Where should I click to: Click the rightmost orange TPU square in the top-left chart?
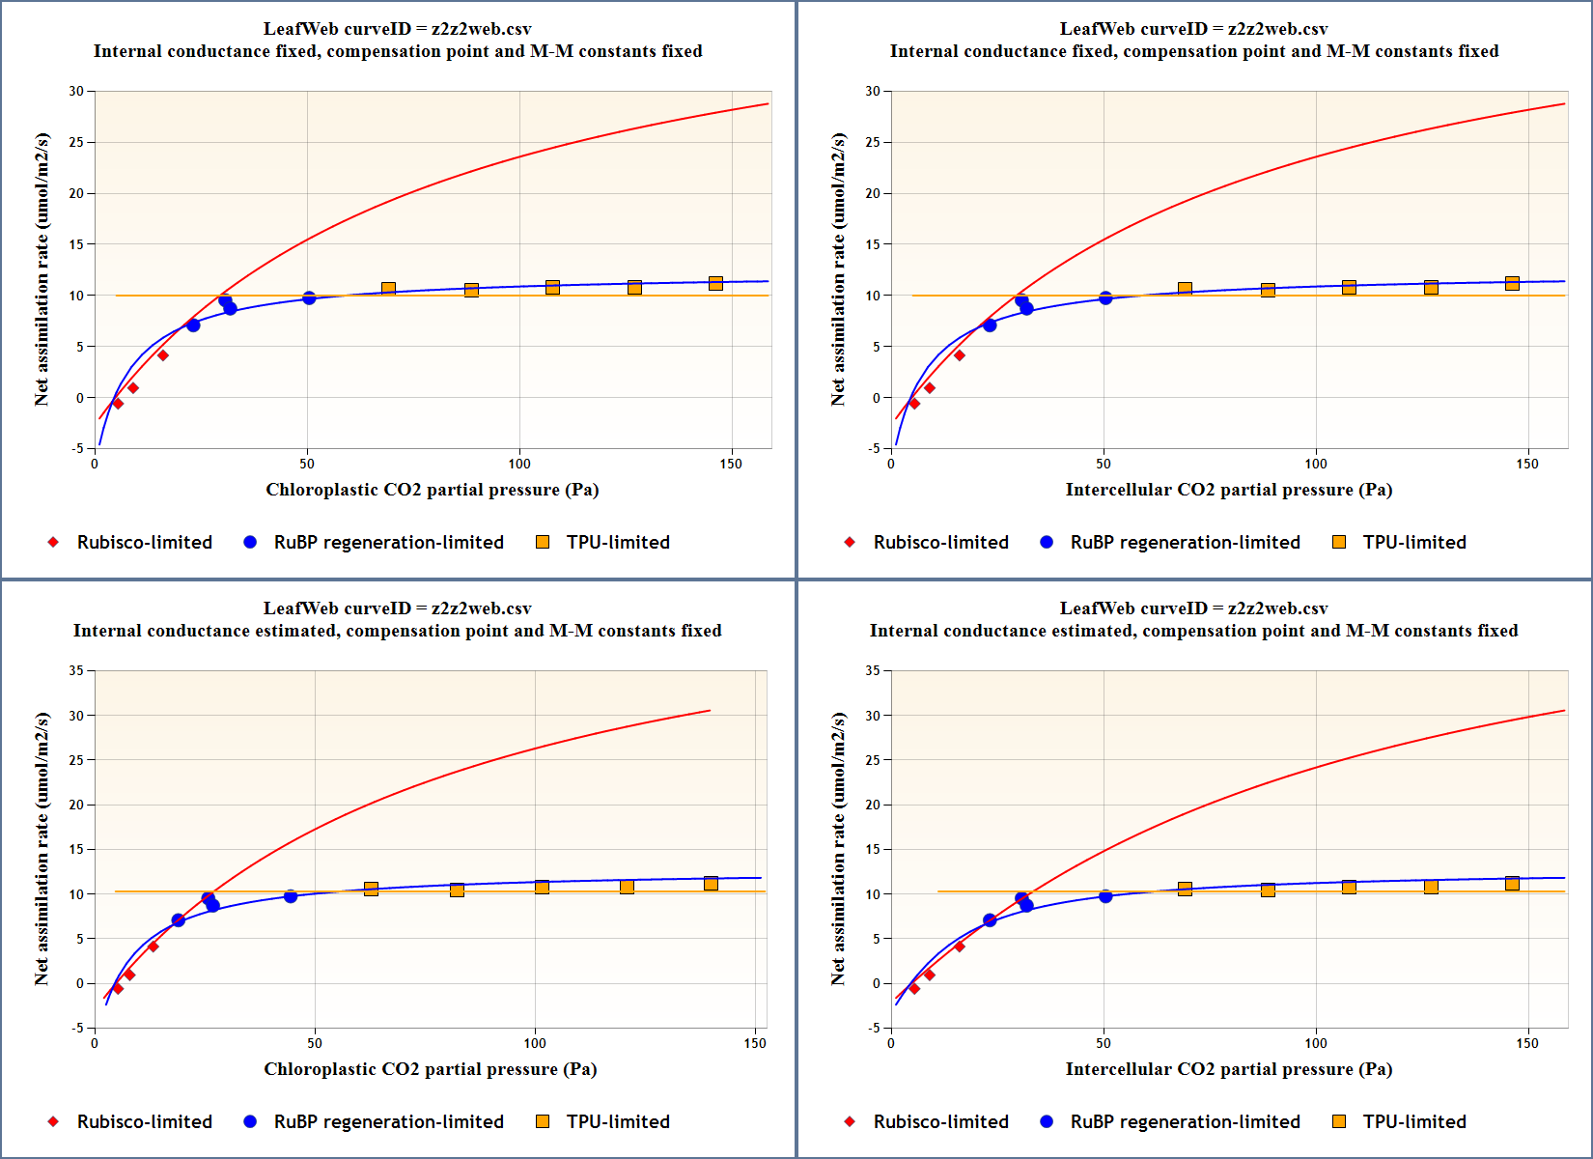pos(715,283)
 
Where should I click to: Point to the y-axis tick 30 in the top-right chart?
pos(873,91)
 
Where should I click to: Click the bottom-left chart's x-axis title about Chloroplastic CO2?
pos(431,1069)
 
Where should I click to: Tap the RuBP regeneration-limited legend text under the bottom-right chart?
pos(1185,1121)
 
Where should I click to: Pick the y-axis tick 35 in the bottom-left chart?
pos(76,670)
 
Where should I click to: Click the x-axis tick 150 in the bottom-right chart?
pos(1527,1043)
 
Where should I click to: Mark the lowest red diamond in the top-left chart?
pos(118,404)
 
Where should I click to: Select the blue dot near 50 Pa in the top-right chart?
pos(1105,298)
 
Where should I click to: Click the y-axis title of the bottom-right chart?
pos(838,848)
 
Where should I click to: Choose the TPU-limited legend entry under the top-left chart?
pos(618,542)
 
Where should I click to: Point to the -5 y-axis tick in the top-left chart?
pos(76,448)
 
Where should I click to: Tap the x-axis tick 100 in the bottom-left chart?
pos(535,1043)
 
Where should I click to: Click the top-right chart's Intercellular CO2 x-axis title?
pos(1228,490)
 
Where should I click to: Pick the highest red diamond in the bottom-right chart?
pos(959,947)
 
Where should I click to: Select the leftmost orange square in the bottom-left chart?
pos(371,889)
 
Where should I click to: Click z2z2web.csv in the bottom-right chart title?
pos(1277,608)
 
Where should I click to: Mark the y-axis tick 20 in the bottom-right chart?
pos(873,805)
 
